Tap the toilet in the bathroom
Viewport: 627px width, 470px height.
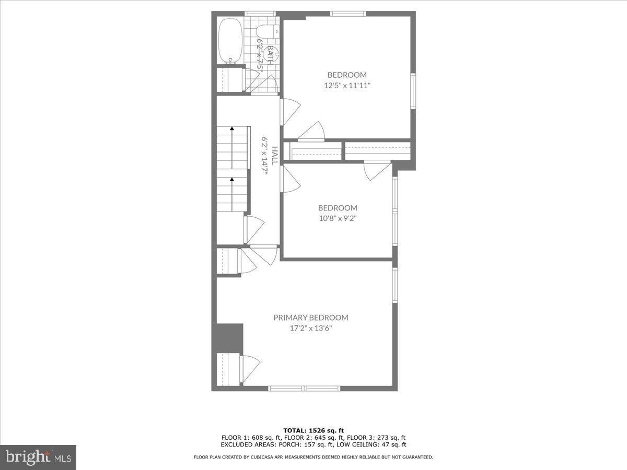(269, 31)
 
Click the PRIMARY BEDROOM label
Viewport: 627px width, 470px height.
(311, 318)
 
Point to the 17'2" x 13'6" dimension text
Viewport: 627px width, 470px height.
(311, 328)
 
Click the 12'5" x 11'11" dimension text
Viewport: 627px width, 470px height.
(347, 86)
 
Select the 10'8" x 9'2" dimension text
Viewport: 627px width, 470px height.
(338, 219)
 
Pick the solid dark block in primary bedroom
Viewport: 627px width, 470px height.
(229, 337)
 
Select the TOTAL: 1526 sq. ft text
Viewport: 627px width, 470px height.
(313, 430)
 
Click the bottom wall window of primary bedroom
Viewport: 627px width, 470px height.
(304, 388)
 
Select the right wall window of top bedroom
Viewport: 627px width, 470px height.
(413, 91)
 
